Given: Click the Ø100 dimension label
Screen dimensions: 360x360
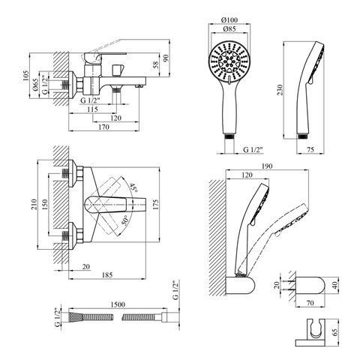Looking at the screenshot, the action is pyautogui.click(x=229, y=19).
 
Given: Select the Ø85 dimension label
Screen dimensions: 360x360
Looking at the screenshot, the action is pyautogui.click(x=229, y=28).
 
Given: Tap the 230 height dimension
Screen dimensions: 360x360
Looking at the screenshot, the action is pyautogui.click(x=280, y=90).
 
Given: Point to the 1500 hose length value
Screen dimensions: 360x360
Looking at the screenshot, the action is pyautogui.click(x=118, y=304).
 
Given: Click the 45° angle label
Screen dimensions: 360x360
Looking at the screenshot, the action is pyautogui.click(x=133, y=188).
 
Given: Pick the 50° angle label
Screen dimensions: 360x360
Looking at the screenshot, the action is pyautogui.click(x=126, y=220).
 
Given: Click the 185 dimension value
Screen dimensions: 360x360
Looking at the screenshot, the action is pyautogui.click(x=107, y=274).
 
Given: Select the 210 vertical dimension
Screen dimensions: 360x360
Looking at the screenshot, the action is pyautogui.click(x=34, y=204).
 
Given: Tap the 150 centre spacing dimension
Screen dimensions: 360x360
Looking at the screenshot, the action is pyautogui.click(x=44, y=204).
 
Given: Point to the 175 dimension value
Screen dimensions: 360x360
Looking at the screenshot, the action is pyautogui.click(x=155, y=204).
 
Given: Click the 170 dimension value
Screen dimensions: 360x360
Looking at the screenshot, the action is pyautogui.click(x=103, y=127).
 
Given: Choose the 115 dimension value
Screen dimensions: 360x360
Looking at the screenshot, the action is pyautogui.click(x=93, y=109).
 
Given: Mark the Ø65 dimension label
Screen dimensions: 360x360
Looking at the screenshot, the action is pyautogui.click(x=35, y=85).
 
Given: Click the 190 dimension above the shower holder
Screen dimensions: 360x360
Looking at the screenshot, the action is pyautogui.click(x=267, y=166).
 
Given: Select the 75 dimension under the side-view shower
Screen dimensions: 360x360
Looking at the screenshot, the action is pyautogui.click(x=310, y=149).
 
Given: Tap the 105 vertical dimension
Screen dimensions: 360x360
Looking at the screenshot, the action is pyautogui.click(x=26, y=76).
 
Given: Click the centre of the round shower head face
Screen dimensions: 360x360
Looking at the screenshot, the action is pyautogui.click(x=229, y=61).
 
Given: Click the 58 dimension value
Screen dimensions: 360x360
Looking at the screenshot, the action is pyautogui.click(x=155, y=64).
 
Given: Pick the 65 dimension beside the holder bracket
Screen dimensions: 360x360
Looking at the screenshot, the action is pyautogui.click(x=335, y=332).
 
